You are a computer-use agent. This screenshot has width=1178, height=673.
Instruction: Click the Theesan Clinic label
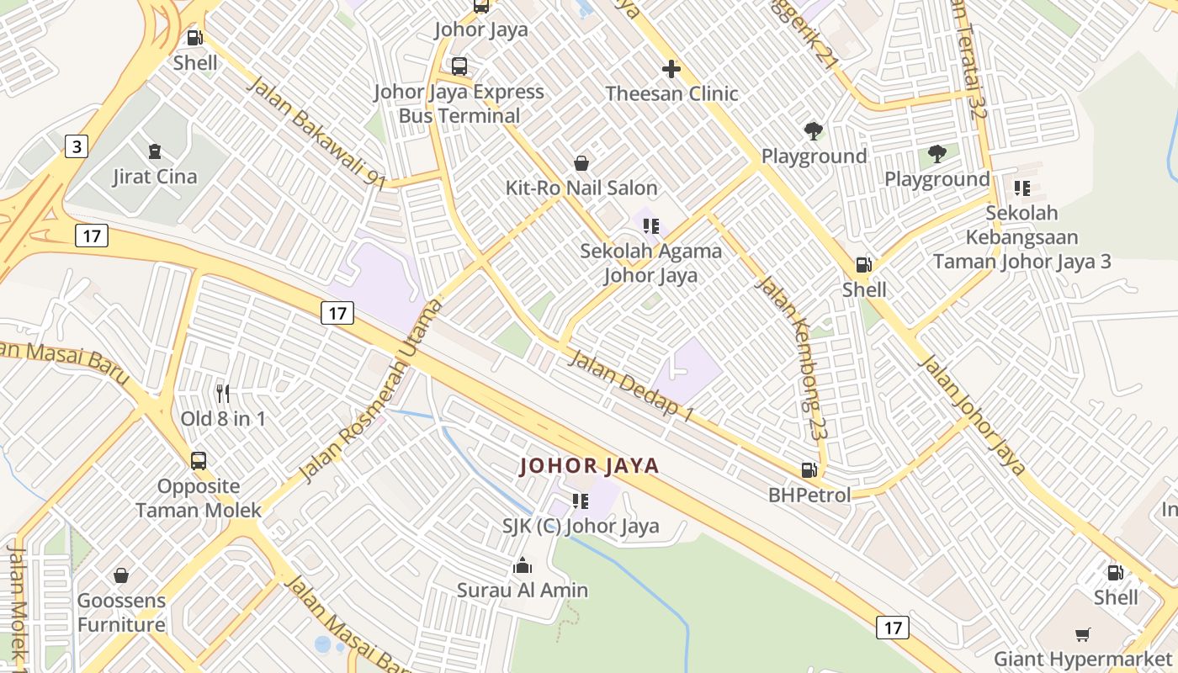[x=671, y=93]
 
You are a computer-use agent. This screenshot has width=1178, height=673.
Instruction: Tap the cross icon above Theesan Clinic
[x=671, y=69]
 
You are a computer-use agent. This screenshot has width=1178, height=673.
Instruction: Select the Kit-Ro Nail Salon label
[x=581, y=187]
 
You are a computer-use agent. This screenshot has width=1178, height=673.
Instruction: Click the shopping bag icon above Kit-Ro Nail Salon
[x=581, y=162]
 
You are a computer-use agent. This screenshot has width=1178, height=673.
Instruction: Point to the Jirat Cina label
[x=155, y=177]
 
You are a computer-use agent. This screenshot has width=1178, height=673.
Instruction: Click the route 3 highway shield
[x=77, y=146]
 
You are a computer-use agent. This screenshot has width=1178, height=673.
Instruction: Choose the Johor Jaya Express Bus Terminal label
[x=459, y=103]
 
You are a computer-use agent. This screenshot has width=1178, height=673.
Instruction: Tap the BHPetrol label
[x=809, y=495]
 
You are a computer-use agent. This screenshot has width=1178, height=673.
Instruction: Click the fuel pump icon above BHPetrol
[x=809, y=470]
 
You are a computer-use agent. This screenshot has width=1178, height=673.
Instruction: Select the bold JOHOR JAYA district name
[x=589, y=465]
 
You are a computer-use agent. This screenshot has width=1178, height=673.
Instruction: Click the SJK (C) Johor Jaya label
[x=581, y=527]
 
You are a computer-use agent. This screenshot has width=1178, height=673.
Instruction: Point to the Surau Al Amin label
[x=523, y=590]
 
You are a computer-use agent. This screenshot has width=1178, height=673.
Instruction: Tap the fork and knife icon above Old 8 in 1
[x=223, y=393]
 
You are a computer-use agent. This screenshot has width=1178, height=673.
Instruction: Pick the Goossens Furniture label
[x=121, y=612]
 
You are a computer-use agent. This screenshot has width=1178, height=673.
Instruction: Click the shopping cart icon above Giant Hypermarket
[x=1082, y=634]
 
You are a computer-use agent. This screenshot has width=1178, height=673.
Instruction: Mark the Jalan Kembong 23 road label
[x=789, y=358]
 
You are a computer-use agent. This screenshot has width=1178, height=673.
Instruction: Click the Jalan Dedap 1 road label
[x=632, y=385]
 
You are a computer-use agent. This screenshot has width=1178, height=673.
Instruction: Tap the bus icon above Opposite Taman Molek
[x=199, y=461]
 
